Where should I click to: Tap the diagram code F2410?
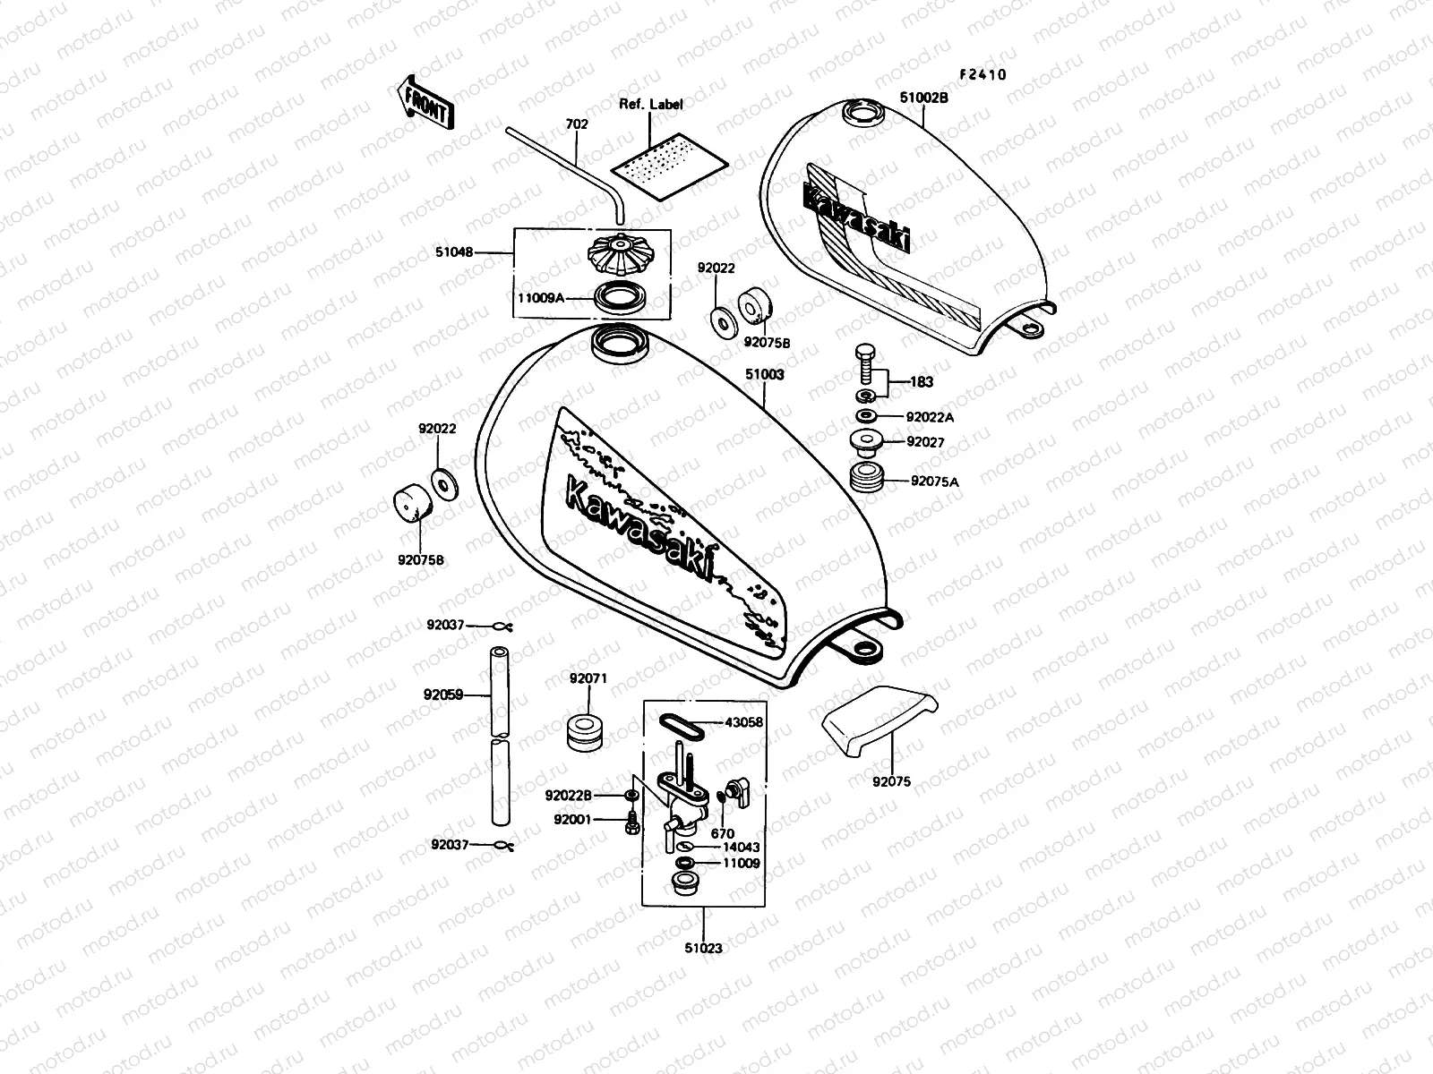click(983, 75)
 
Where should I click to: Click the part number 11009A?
click(541, 299)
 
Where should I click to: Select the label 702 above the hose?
click(577, 124)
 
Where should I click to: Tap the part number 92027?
click(925, 442)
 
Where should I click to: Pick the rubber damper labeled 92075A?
click(866, 477)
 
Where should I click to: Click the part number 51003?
click(765, 375)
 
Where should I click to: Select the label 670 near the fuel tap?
click(723, 834)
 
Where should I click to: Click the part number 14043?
click(742, 848)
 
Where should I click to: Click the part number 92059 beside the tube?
click(443, 694)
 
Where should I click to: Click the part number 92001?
click(571, 819)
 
